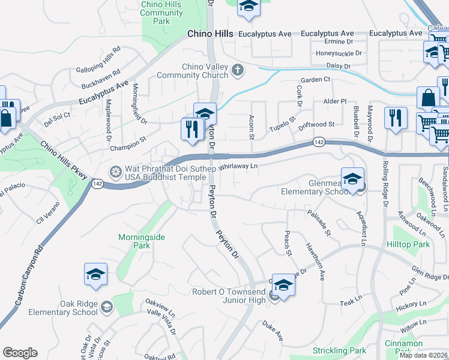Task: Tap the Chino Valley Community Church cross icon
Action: click(238, 71)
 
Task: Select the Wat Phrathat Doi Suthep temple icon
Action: click(115, 172)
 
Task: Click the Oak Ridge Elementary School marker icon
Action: click(106, 308)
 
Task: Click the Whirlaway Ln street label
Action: click(238, 167)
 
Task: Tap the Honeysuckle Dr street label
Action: click(339, 53)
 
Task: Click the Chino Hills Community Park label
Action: click(161, 13)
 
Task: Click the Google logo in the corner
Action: click(20, 353)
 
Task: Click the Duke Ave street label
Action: click(272, 331)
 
